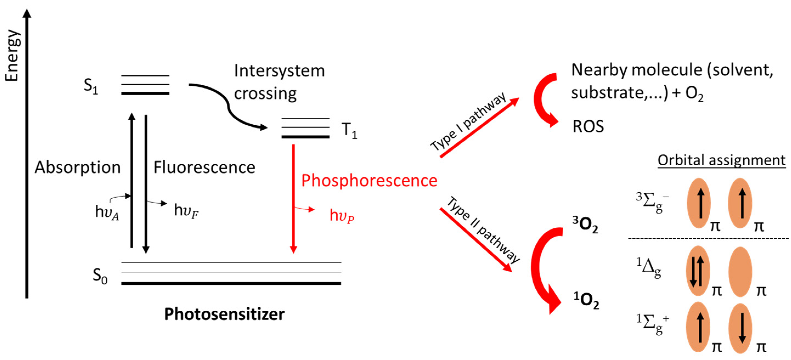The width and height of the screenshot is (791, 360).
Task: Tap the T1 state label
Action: pyautogui.click(x=349, y=130)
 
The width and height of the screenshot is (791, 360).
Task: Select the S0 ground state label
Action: pyautogui.click(x=100, y=276)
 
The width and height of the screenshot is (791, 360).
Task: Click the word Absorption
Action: pyautogui.click(x=77, y=168)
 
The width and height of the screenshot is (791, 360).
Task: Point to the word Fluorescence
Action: pyautogui.click(x=204, y=168)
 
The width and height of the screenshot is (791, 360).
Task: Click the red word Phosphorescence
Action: pyautogui.click(x=369, y=180)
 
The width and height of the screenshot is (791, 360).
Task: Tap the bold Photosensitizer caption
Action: pyautogui.click(x=224, y=314)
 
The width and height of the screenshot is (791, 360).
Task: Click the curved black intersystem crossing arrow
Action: pyautogui.click(x=229, y=106)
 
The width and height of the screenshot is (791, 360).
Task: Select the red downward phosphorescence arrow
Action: pyautogui.click(x=293, y=196)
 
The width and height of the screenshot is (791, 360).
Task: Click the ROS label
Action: pyautogui.click(x=588, y=126)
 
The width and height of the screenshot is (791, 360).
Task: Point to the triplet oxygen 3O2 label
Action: pyautogui.click(x=585, y=225)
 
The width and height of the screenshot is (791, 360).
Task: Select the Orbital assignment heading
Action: pyautogui.click(x=721, y=160)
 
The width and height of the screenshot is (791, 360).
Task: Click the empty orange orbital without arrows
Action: pyautogui.click(x=740, y=272)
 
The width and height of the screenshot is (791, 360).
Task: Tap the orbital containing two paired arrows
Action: pyautogui.click(x=698, y=271)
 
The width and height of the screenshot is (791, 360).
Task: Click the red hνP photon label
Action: pyautogui.click(x=341, y=216)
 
